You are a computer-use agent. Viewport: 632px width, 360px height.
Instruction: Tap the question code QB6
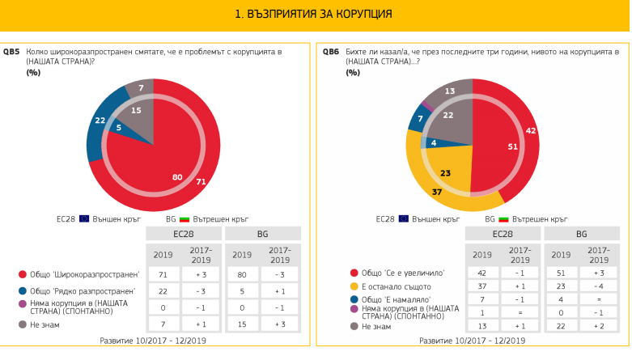coord(330,52)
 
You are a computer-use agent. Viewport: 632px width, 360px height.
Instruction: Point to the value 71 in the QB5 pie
coord(201,184)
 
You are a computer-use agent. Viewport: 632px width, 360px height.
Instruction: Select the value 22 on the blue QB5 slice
coord(100,121)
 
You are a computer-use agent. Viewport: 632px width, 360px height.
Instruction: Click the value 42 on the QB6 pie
coord(530,129)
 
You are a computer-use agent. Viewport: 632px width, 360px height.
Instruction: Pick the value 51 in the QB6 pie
coord(490,146)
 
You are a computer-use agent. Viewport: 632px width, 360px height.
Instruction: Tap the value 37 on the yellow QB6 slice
coord(437,191)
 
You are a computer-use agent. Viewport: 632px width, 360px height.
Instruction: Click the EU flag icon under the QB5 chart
coord(83,218)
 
